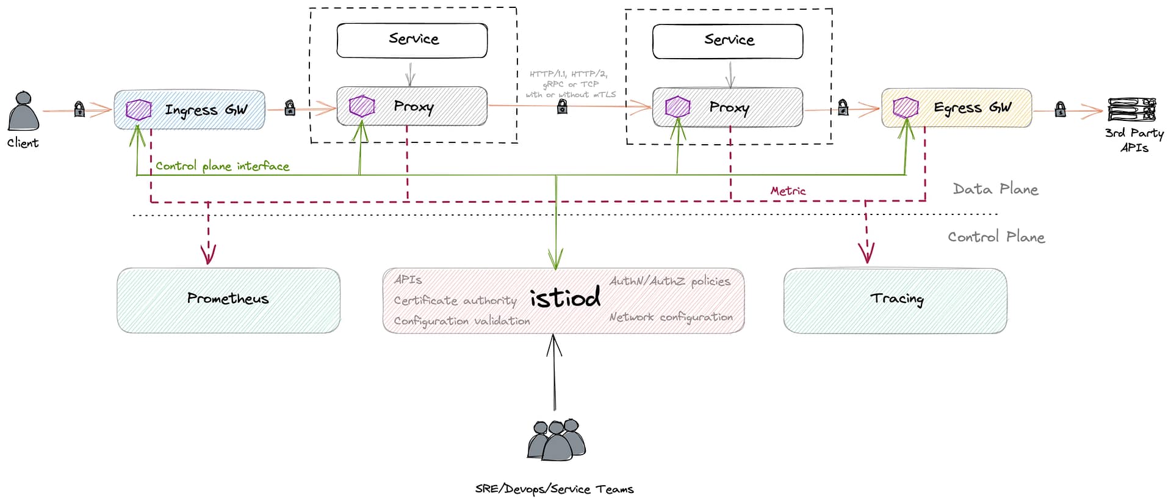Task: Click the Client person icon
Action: tap(23, 112)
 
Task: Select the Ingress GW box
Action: tap(189, 110)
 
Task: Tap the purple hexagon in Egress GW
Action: tap(906, 108)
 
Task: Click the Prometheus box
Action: tap(228, 300)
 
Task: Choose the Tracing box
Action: tap(895, 300)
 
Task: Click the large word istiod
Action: tap(565, 298)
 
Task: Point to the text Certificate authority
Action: tap(455, 301)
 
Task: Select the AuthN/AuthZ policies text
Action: tap(669, 281)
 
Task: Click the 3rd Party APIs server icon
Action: tap(1132, 110)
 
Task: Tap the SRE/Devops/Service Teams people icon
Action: tap(557, 440)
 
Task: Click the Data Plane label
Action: tap(995, 189)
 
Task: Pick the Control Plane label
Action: tap(996, 237)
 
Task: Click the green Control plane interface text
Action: tap(222, 166)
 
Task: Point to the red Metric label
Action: tap(788, 191)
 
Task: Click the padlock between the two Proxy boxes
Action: tap(562, 107)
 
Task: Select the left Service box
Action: tap(412, 40)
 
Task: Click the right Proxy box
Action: tap(727, 108)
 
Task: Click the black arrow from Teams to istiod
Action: tap(554, 373)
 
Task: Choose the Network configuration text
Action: tap(671, 317)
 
